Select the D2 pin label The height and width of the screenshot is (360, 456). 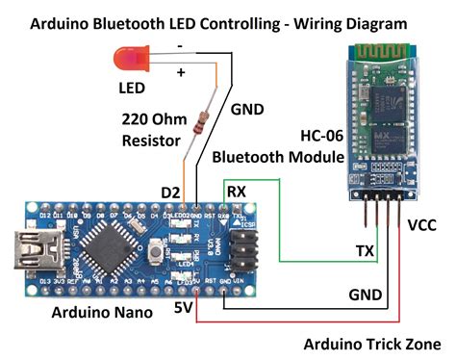[x=170, y=193]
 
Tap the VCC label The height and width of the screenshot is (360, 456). [x=423, y=225]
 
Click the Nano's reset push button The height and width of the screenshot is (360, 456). [x=155, y=251]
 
